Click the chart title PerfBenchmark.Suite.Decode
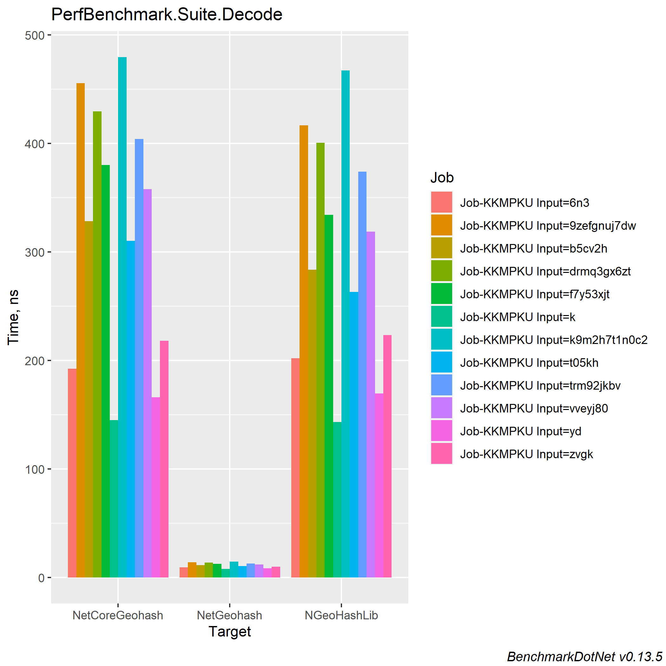click(x=167, y=15)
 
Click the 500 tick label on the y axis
click(x=35, y=36)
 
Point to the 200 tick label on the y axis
click(x=35, y=361)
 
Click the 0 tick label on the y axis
click(x=41, y=578)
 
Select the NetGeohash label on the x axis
click(x=230, y=615)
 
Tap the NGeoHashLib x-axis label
click(x=341, y=615)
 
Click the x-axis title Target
click(x=230, y=631)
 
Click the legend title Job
click(x=442, y=178)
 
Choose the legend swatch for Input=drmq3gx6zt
click(x=442, y=271)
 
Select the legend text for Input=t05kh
click(x=529, y=363)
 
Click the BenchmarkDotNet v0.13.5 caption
click(x=585, y=657)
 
